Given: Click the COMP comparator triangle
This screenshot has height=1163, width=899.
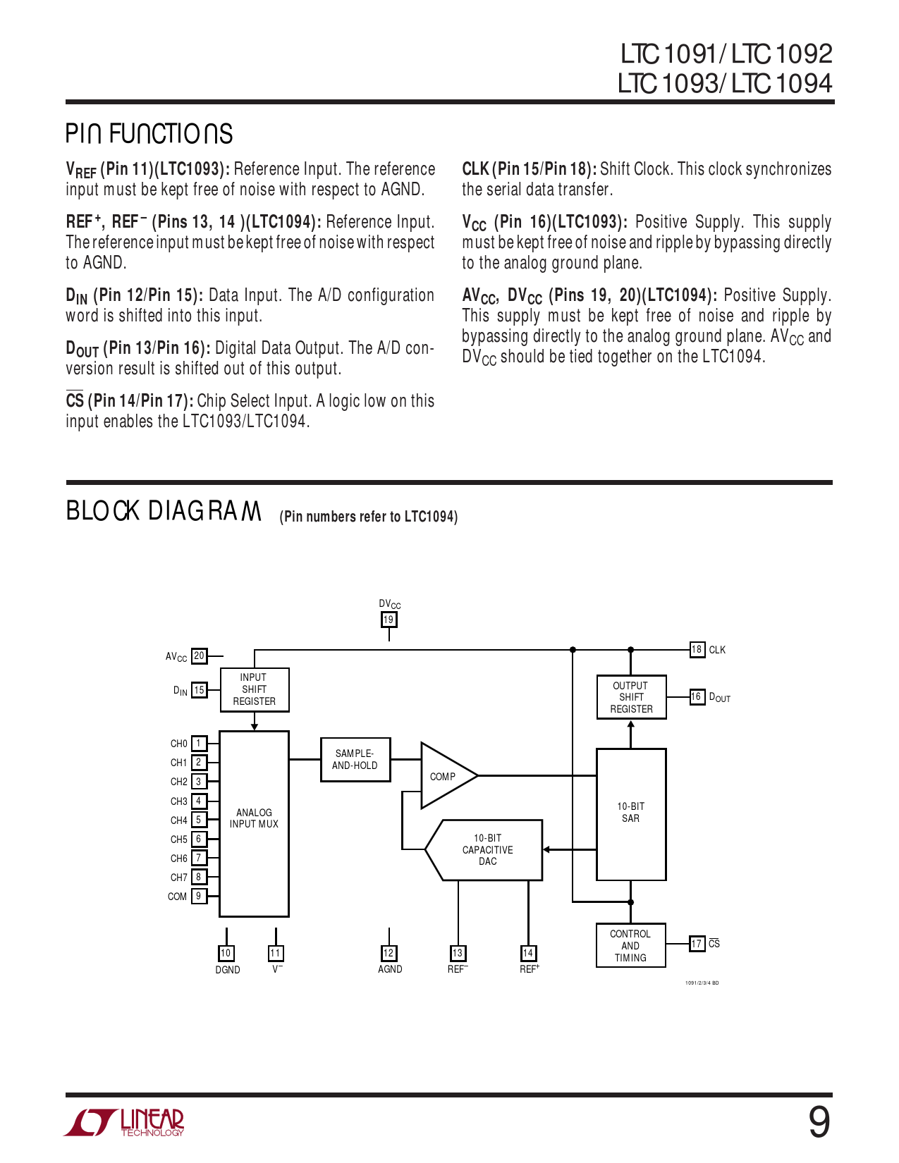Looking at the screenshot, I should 444,776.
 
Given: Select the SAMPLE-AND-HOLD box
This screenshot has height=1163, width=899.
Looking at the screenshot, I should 355,760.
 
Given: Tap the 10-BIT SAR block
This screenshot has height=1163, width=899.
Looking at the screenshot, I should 631,813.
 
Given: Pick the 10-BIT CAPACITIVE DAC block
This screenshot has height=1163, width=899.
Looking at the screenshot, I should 487,850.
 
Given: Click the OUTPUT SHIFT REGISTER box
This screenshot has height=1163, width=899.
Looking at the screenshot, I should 631,697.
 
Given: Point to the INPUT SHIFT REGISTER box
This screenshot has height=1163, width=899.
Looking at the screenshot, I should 255,689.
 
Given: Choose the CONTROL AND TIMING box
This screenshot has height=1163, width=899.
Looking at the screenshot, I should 630,946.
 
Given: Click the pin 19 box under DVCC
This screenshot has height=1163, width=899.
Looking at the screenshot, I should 389,620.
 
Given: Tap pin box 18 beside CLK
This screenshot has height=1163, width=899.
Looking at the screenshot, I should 697,649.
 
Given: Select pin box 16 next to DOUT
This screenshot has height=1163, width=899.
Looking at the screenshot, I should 697,696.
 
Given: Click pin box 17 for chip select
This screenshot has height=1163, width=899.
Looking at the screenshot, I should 697,943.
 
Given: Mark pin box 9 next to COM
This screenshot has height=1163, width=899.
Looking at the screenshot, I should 199,896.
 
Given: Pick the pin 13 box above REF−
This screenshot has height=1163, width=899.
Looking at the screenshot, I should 458,953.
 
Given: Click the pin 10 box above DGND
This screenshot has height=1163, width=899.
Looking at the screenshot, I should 226,953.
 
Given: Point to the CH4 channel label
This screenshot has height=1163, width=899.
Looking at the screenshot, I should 179,820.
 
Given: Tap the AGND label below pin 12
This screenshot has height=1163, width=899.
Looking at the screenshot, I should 390,969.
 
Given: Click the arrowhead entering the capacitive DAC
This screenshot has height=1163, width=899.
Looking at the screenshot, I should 547,850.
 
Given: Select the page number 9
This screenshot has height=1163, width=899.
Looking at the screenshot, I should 819,1121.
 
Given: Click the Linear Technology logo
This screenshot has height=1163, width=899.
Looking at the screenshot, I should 125,1122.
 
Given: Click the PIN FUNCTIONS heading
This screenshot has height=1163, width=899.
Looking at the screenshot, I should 149,134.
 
